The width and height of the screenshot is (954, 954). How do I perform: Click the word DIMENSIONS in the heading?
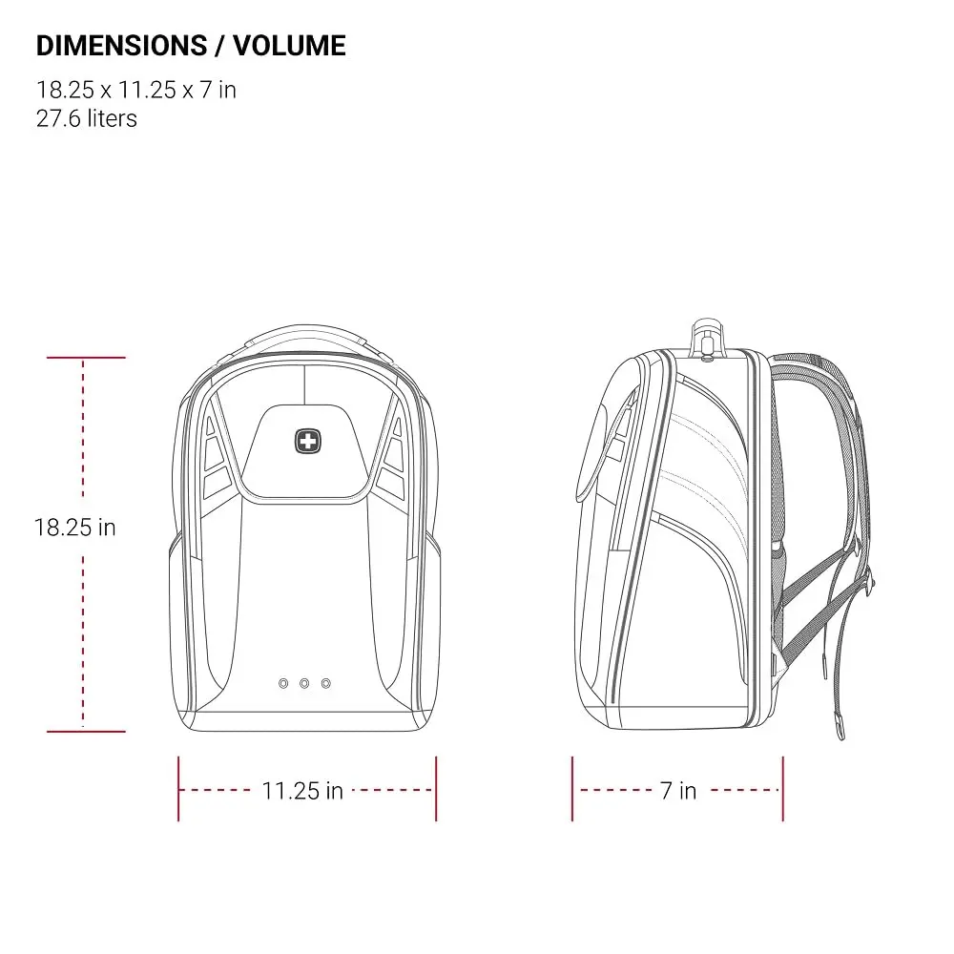click(x=122, y=46)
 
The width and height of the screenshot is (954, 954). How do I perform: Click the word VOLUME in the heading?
click(x=290, y=46)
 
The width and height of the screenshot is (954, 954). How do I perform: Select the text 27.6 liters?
click(x=87, y=118)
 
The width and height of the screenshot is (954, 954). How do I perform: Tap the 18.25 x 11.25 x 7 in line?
click(x=136, y=90)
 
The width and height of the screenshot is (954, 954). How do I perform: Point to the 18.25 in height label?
click(x=74, y=528)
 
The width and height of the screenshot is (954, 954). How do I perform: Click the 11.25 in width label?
click(x=302, y=791)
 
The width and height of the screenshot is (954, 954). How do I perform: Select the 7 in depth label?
click(x=678, y=791)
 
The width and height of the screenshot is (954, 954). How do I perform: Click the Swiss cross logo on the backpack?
click(x=308, y=441)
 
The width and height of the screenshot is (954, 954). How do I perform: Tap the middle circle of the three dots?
click(x=304, y=684)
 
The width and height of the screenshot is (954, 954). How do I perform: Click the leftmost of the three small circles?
click(x=283, y=684)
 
